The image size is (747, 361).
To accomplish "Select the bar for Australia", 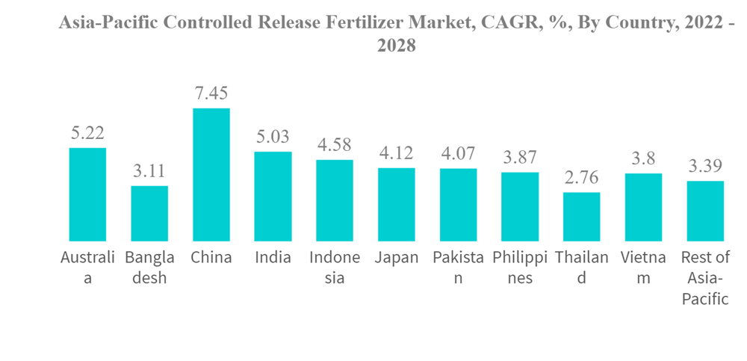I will tap(87, 194).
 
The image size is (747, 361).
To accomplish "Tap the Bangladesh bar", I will tap(149, 213).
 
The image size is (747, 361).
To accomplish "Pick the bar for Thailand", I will tap(581, 217).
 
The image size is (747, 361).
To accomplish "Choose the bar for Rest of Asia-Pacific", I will tap(705, 211).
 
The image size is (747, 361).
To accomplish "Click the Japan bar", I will tap(397, 204).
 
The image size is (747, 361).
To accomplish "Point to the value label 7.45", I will tap(211, 94).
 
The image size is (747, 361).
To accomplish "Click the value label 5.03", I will tap(273, 137).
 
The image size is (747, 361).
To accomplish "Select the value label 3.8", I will tap(643, 159).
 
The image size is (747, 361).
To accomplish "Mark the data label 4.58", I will tap(335, 145).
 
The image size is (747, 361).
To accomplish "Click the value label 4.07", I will tap(458, 154).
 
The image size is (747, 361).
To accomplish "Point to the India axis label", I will tap(273, 258).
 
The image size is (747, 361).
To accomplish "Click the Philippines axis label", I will tap(520, 268).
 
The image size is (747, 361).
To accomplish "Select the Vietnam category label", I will tap(643, 268).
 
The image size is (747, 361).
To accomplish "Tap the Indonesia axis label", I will tap(335, 268).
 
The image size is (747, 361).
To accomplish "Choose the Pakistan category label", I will tap(458, 268).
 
